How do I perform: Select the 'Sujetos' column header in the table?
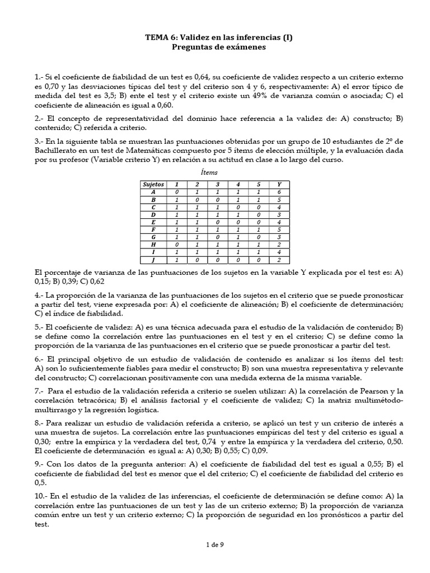pos(153,184)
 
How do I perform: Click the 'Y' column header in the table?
pos(278,184)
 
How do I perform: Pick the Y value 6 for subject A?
pos(278,191)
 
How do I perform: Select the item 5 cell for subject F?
pos(258,229)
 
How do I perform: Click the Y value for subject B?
pos(278,199)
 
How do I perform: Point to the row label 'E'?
pos(153,222)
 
